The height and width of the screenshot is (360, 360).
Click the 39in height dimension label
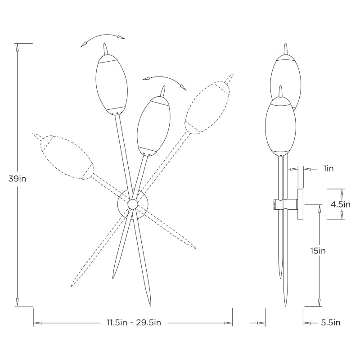17,178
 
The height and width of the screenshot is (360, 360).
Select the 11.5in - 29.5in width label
134,323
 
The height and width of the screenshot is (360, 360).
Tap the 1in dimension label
328,168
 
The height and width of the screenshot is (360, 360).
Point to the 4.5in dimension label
341,204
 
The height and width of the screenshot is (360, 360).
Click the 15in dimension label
318,251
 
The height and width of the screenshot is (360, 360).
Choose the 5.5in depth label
331,323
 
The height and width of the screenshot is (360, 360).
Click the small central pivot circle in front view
132,204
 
